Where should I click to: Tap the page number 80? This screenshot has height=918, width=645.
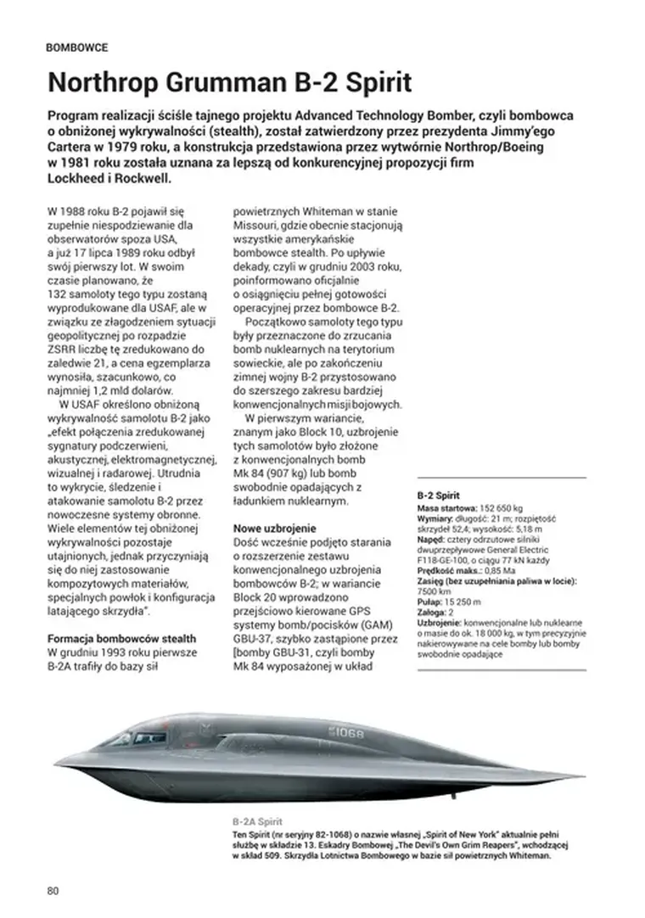click(53, 890)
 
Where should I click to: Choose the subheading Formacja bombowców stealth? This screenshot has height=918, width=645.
click(122, 638)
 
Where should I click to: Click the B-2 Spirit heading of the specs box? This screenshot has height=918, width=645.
click(439, 495)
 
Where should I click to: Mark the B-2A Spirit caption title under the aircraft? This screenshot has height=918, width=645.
click(257, 822)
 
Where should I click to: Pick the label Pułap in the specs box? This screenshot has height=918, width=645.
click(430, 602)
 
